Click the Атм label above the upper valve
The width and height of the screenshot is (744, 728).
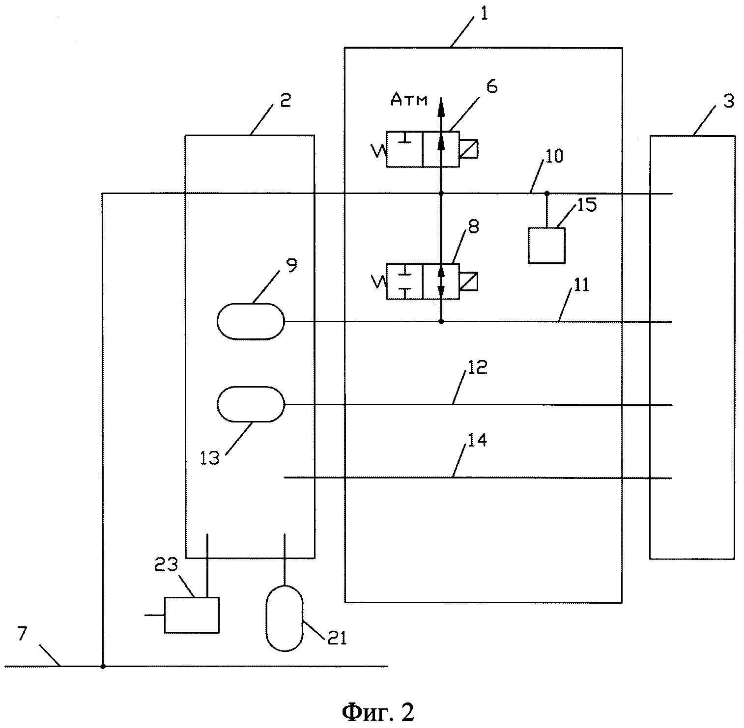click(409, 100)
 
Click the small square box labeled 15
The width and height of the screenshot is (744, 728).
click(546, 245)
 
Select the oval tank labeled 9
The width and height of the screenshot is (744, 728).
click(251, 321)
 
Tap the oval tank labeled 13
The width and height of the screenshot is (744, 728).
click(251, 404)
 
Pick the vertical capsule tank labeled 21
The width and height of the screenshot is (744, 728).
click(284, 618)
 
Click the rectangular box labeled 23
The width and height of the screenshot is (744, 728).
click(192, 615)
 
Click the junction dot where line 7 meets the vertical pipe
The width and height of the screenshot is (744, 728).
click(103, 667)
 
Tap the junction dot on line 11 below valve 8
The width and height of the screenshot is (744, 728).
click(441, 322)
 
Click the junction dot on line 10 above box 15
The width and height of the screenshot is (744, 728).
click(546, 194)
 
